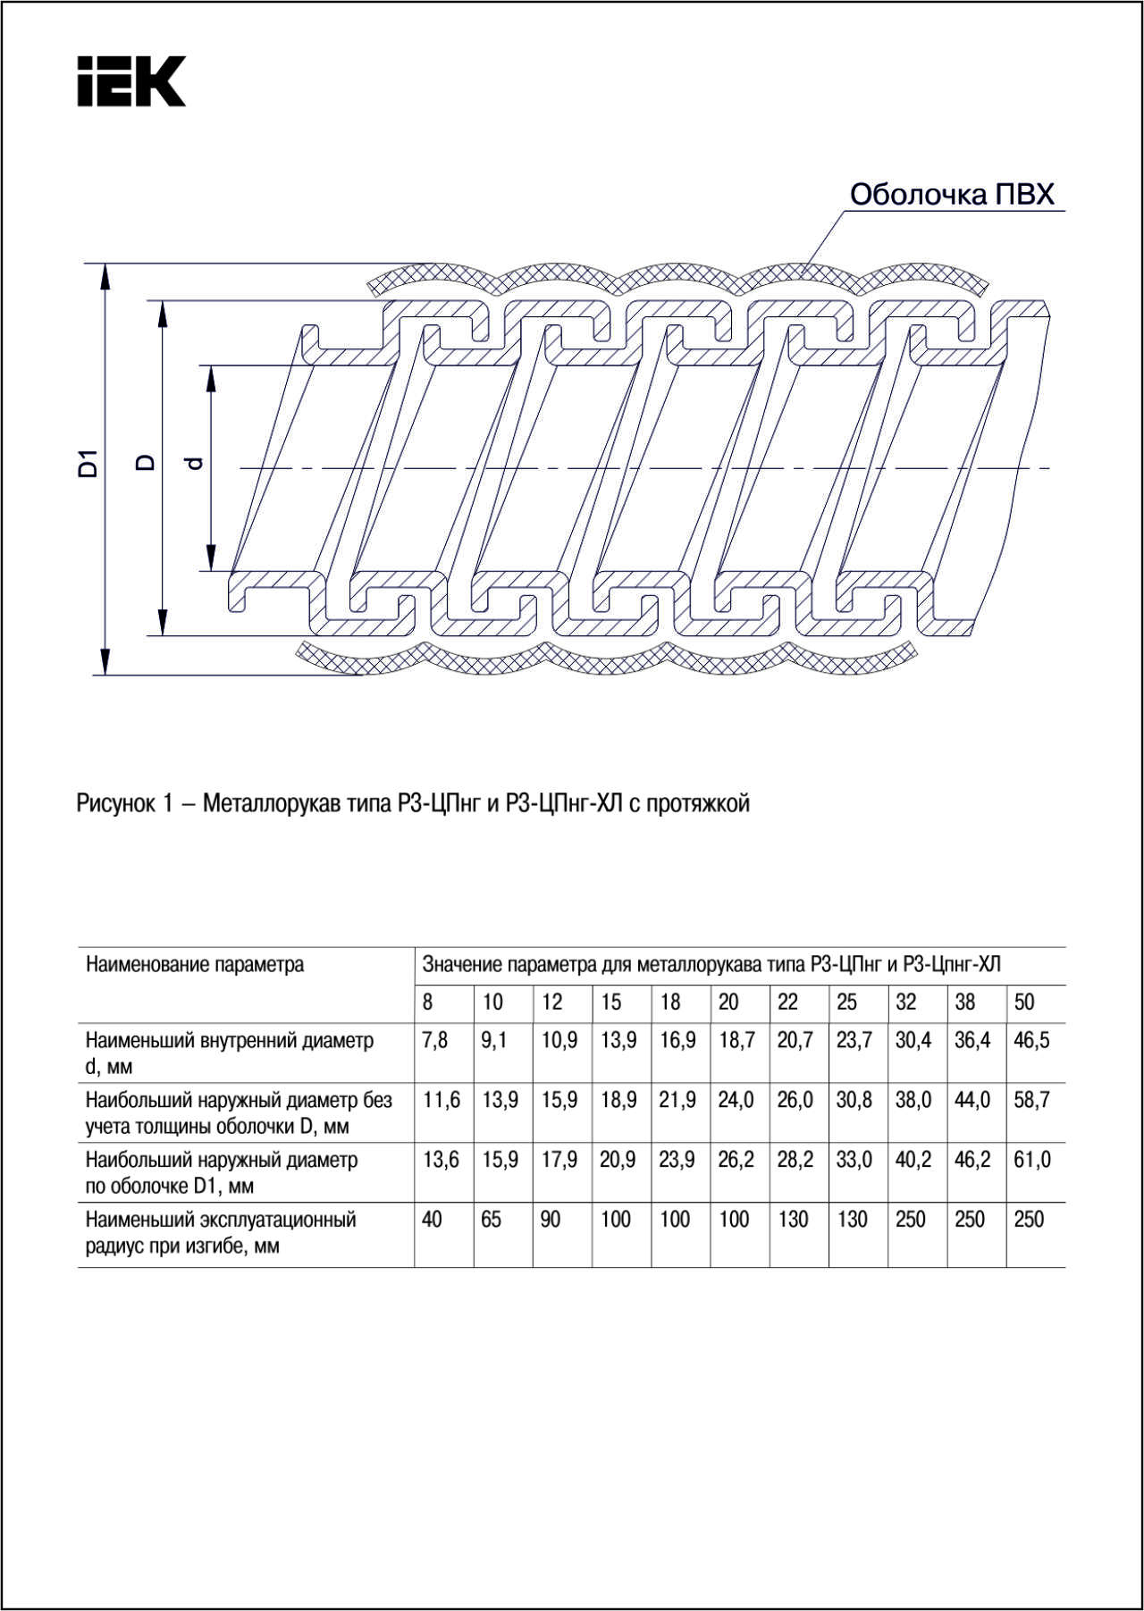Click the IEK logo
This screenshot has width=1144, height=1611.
[x=130, y=81]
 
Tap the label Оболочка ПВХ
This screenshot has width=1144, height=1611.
[x=952, y=195]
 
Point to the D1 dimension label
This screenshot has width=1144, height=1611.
[x=87, y=464]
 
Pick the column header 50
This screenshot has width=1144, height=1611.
[x=1024, y=1003]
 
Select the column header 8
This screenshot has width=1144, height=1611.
[x=428, y=1003]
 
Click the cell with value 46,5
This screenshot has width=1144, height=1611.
[x=1031, y=1041]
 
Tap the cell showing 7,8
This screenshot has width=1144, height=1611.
[x=435, y=1041]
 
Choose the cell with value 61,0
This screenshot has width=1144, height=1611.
[x=1032, y=1160]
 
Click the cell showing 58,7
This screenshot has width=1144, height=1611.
[x=1031, y=1100]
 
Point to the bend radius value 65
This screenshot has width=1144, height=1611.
[x=491, y=1220]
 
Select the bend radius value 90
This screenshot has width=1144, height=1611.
[x=551, y=1220]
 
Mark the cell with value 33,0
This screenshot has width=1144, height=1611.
[x=854, y=1160]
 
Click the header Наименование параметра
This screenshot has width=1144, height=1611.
[x=194, y=965]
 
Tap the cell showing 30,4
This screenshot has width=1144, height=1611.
[x=913, y=1041]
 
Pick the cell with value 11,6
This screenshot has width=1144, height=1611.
[x=442, y=1100]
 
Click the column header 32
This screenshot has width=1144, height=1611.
[x=905, y=1003]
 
